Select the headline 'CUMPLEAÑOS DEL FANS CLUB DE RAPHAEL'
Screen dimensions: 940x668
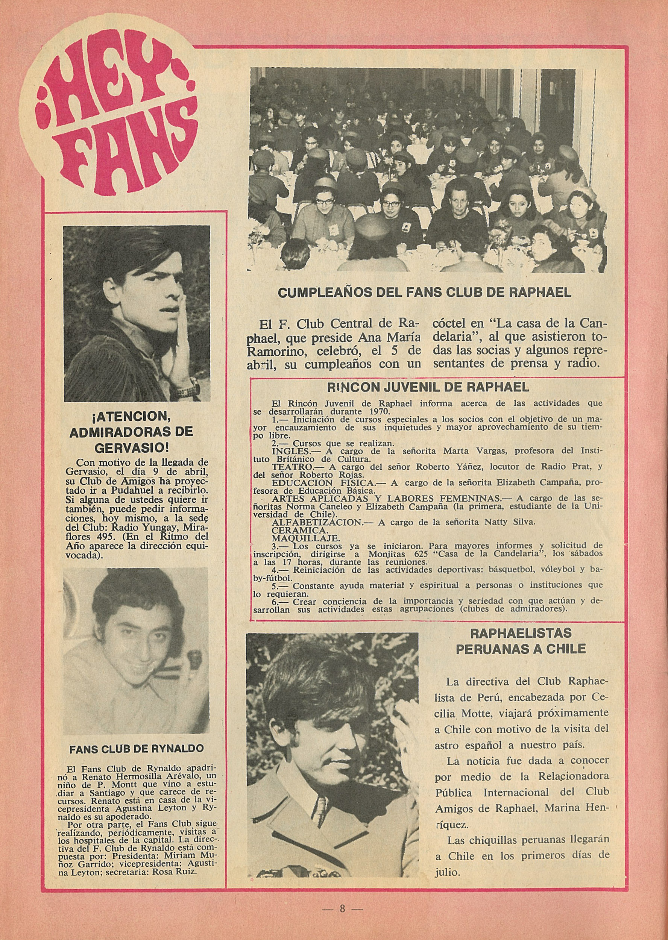coord(425,293)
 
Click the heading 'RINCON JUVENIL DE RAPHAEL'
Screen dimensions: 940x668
coord(428,387)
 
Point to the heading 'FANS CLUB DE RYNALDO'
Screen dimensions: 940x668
coord(137,749)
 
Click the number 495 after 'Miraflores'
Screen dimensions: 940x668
coord(105,527)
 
